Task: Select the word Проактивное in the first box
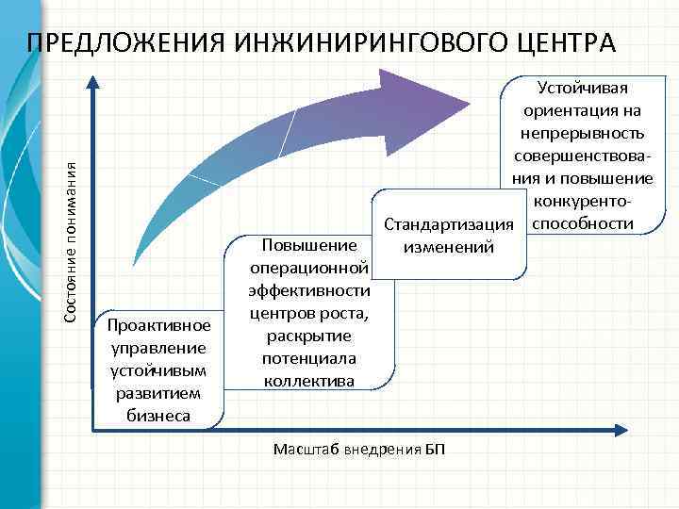[x=158, y=326]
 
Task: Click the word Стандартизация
[x=448, y=227]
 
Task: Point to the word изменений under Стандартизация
[x=448, y=248]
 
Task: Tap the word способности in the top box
[x=589, y=223]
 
